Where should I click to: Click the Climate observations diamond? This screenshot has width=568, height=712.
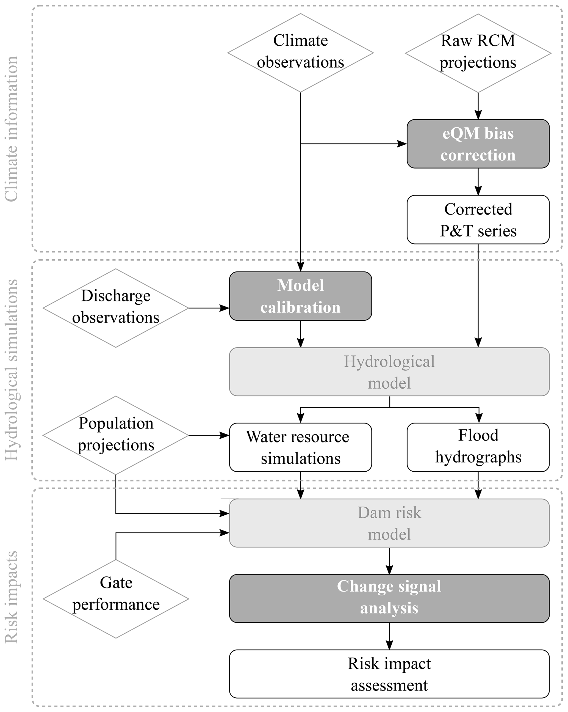[x=300, y=53]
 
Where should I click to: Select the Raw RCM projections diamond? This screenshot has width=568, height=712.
[x=478, y=53]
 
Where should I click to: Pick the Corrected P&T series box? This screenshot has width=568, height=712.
[x=478, y=220]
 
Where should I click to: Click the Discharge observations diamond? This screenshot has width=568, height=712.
[x=115, y=308]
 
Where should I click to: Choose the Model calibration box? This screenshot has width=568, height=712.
[x=300, y=296]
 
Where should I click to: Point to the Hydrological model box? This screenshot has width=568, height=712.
[x=389, y=372]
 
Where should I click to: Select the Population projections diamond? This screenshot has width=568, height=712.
[x=115, y=435]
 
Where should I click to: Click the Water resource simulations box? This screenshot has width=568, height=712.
[x=300, y=447]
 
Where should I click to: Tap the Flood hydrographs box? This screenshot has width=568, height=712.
[x=478, y=447]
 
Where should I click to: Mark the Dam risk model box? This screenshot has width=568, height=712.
[x=389, y=523]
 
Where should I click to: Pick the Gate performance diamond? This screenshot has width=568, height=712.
[x=115, y=599]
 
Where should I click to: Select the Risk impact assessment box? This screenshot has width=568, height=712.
[x=389, y=674]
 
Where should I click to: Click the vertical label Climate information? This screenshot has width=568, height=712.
[x=12, y=129]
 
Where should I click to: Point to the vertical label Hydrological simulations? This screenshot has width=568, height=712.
[x=12, y=370]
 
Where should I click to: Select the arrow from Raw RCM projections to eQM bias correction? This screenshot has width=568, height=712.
[x=478, y=106]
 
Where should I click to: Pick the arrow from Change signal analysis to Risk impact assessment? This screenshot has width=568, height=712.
[x=389, y=636]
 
